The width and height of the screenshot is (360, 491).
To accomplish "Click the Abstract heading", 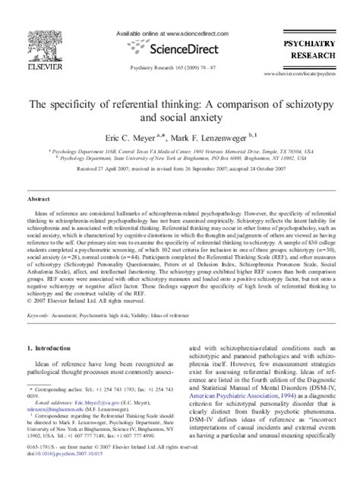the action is click(x=39, y=196).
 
